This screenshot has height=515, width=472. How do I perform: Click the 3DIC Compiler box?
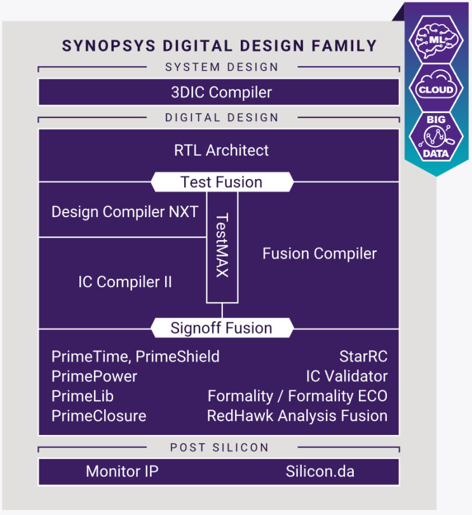(x=219, y=92)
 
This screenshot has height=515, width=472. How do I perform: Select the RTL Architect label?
(x=221, y=150)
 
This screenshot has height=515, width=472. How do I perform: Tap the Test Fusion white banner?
(x=221, y=182)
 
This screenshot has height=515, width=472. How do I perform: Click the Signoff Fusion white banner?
(x=221, y=328)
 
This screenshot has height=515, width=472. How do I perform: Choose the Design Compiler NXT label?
(x=125, y=211)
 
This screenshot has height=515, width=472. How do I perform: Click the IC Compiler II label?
(x=125, y=282)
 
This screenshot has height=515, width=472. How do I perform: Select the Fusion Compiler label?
(x=320, y=254)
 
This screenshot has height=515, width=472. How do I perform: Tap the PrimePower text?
(x=94, y=377)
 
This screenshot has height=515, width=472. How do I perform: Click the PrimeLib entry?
(x=83, y=396)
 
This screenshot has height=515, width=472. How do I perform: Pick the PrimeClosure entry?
(x=98, y=416)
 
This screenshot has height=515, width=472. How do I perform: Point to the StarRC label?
(x=363, y=357)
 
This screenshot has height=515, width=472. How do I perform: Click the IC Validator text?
(x=346, y=377)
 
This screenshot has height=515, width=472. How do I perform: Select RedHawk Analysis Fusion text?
(x=297, y=416)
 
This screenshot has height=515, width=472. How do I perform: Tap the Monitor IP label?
(x=122, y=472)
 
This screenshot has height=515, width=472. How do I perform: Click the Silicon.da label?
(x=320, y=472)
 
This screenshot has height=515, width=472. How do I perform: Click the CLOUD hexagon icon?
(x=435, y=90)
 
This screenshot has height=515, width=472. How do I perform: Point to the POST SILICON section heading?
(x=219, y=448)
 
